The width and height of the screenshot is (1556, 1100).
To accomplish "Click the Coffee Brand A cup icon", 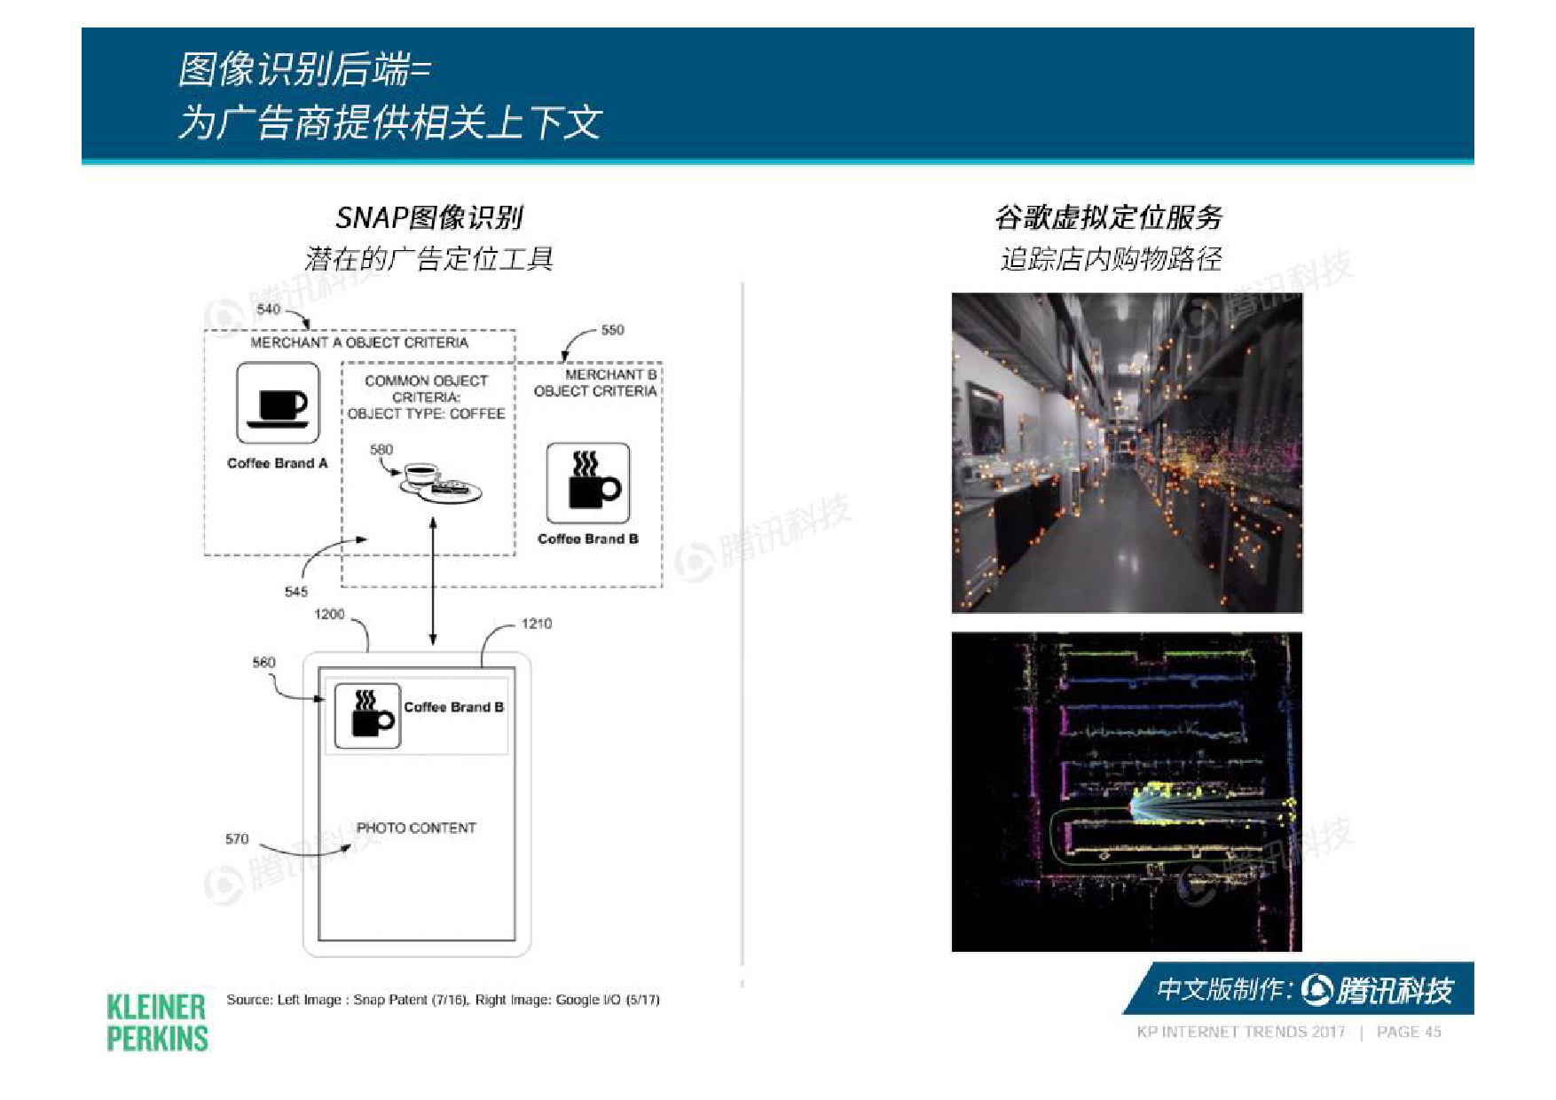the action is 278,403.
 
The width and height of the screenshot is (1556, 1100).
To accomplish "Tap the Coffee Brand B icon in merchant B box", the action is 588,483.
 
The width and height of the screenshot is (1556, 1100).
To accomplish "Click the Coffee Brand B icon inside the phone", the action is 367,715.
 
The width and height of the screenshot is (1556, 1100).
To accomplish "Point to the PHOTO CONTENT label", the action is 416,828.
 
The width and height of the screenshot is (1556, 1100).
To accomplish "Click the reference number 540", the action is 268,309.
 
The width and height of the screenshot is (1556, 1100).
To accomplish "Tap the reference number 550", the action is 612,330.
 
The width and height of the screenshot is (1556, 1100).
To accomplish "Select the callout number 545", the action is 296,592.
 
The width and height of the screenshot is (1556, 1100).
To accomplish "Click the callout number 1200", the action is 329,614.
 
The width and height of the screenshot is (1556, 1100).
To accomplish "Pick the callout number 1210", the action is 536,624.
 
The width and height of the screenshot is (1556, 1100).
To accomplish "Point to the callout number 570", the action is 237,838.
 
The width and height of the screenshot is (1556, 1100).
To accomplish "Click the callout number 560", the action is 263,662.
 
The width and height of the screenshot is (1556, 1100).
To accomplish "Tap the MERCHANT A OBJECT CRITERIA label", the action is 359,342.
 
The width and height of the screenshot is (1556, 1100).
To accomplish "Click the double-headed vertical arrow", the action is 433,581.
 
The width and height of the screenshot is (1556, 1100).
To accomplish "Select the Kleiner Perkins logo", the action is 157,1022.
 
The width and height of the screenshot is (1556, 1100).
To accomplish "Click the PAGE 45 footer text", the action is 1409,1032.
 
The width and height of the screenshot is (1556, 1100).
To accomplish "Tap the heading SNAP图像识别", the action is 429,217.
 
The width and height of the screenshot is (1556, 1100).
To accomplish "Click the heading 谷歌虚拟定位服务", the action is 1109,217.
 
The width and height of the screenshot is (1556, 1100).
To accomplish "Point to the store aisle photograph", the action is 1127,452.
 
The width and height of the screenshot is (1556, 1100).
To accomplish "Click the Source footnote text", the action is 444,1000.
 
